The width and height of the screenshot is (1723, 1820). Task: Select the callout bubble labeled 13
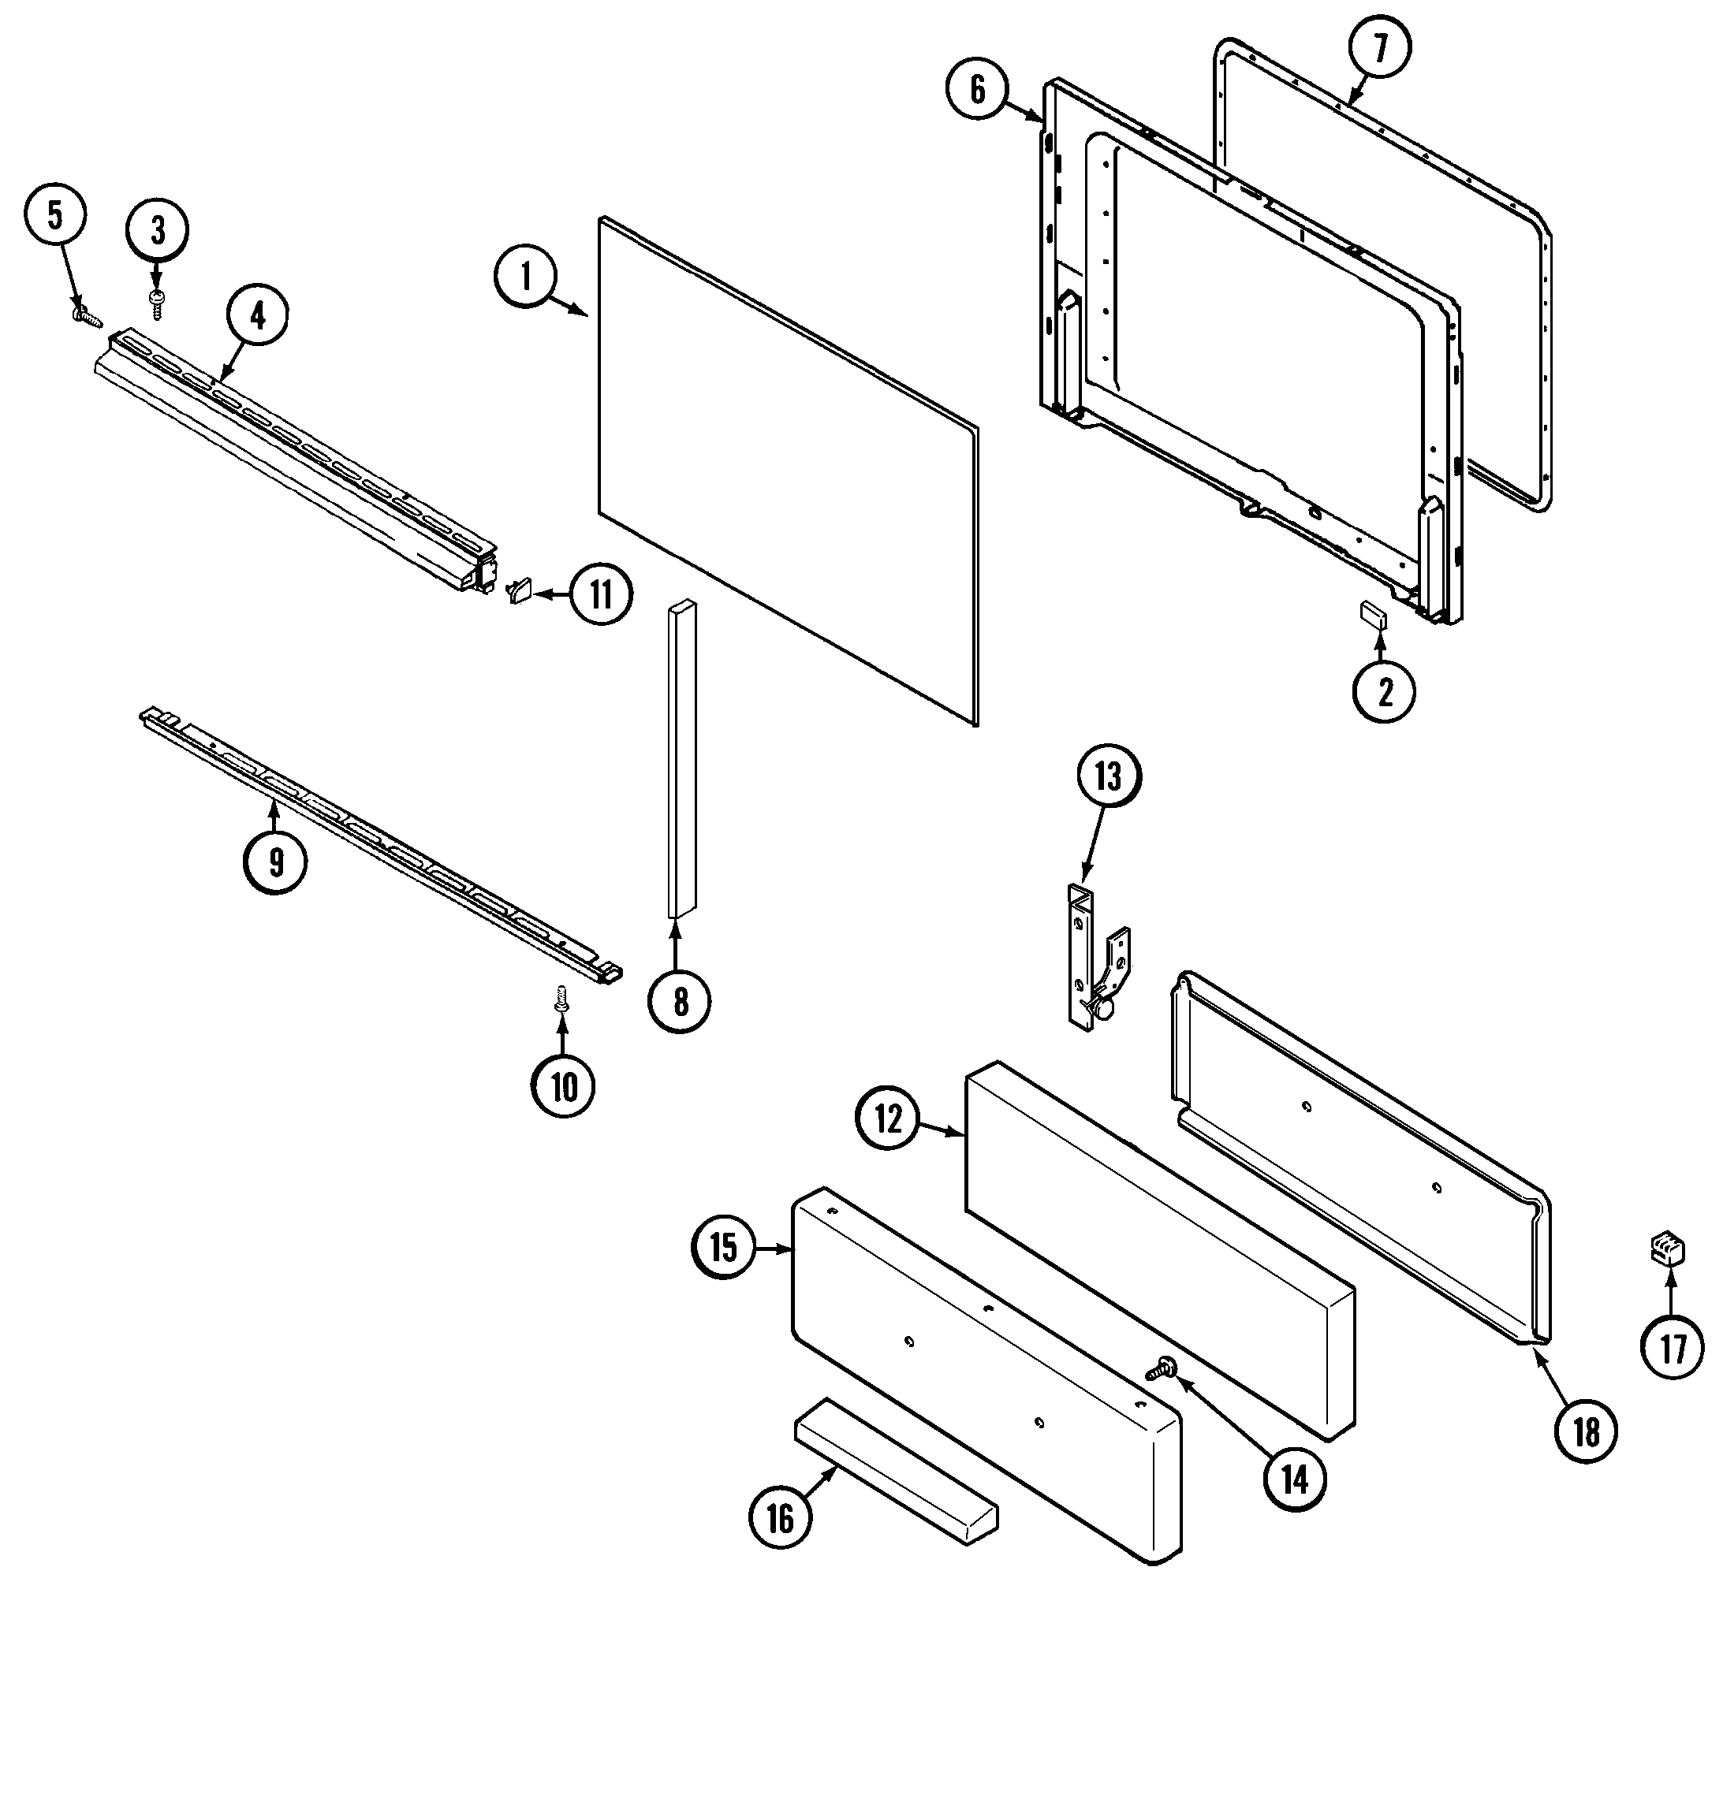1108,778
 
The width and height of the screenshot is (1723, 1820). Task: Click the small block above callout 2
1374,613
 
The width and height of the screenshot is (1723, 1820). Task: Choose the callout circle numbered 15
724,1248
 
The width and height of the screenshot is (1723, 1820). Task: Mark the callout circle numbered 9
274,862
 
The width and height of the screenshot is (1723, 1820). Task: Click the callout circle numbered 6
977,90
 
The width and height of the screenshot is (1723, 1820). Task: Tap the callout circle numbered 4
257,317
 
